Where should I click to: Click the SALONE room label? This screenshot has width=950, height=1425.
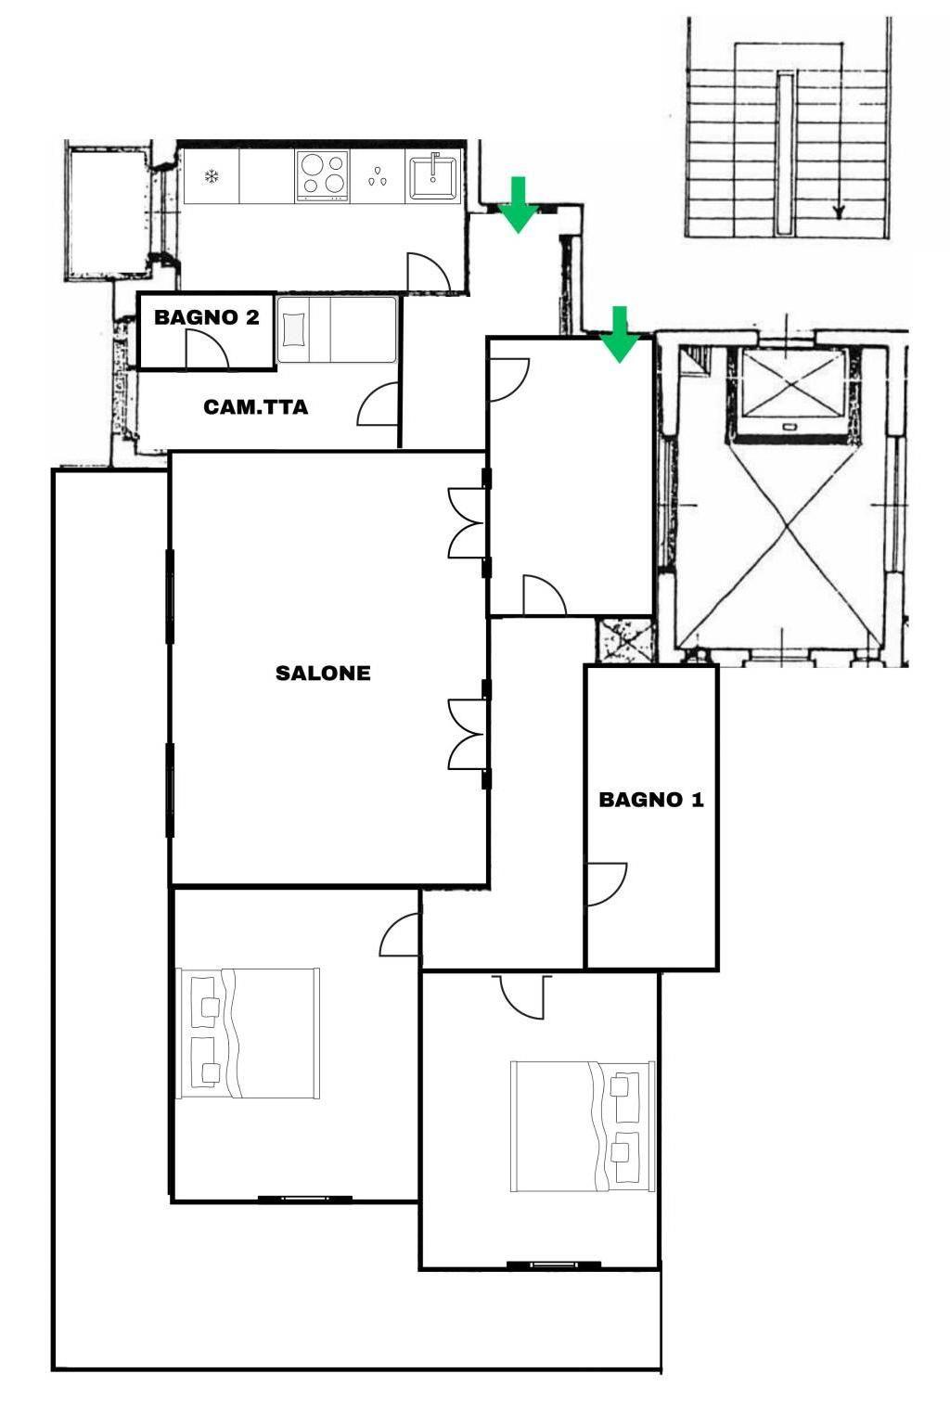tap(323, 673)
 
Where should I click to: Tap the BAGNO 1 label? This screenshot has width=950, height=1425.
tap(651, 800)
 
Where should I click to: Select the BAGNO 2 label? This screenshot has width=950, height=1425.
tap(207, 317)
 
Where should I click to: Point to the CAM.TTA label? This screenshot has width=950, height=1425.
tap(256, 407)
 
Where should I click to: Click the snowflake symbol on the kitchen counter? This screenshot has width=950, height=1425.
tap(212, 176)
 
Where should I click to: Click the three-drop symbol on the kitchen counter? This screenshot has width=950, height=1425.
tap(377, 177)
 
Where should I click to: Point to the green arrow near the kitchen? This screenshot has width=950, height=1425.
tap(520, 204)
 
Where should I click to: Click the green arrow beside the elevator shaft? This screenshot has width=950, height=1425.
tap(620, 334)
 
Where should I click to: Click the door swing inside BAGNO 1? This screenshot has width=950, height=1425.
tap(607, 883)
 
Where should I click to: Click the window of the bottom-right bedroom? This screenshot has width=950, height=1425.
tap(554, 1264)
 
